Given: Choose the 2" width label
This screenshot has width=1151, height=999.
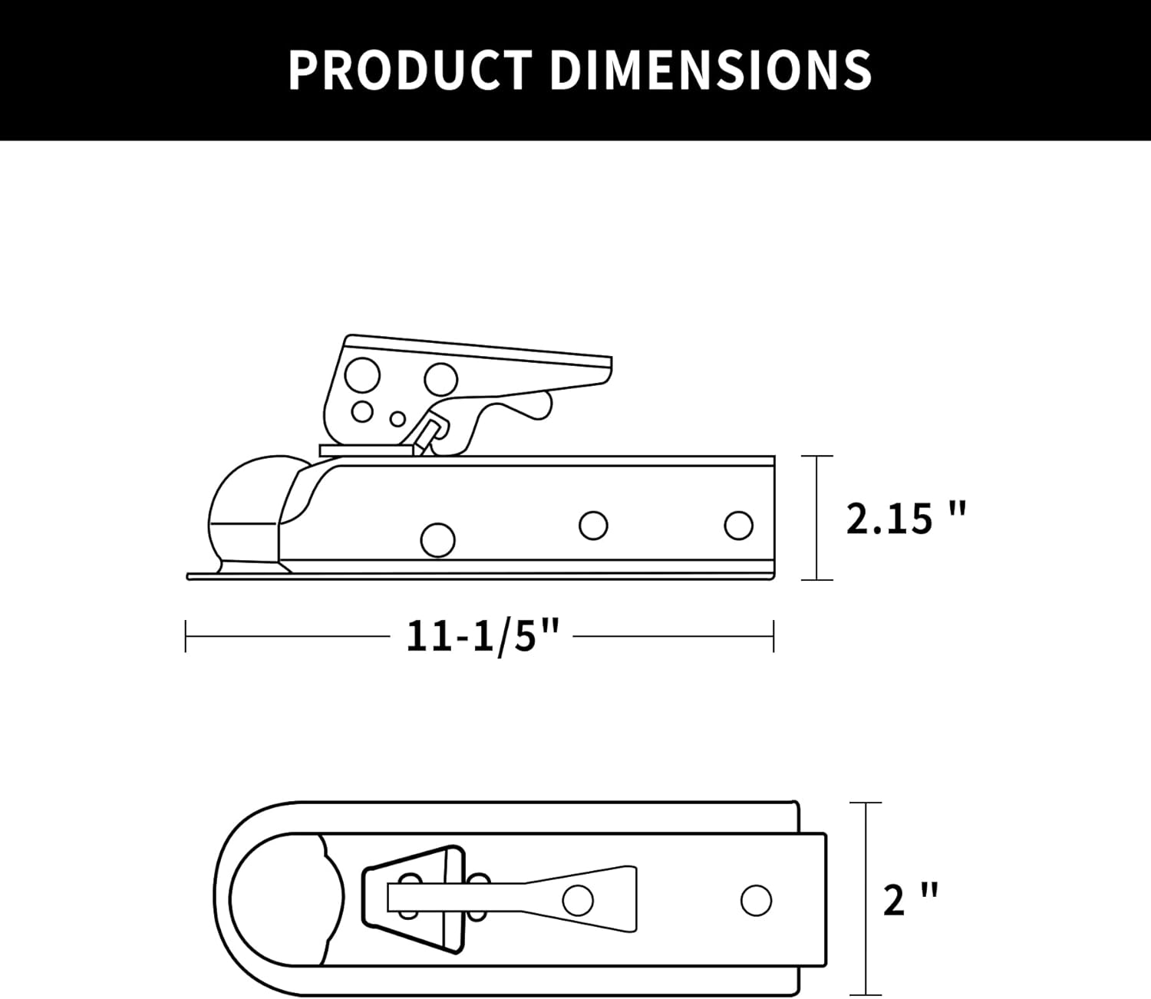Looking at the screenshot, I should [x=910, y=899].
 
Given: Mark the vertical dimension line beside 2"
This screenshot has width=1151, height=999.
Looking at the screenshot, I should [x=866, y=898].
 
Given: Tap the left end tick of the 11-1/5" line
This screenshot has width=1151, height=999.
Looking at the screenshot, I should [x=186, y=637].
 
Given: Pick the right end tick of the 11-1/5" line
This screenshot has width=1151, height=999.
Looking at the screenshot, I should [x=773, y=637].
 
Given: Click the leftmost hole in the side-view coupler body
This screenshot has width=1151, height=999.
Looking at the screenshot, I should [x=438, y=539].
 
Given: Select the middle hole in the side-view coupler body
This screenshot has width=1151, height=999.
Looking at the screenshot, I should [x=594, y=526].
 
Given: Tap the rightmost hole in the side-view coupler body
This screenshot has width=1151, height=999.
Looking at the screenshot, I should [x=739, y=526].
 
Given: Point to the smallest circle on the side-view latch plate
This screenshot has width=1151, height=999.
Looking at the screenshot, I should [x=397, y=419].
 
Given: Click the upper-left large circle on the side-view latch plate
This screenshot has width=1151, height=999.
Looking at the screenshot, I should [x=363, y=375].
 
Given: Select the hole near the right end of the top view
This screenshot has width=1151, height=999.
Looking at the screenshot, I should [x=756, y=900].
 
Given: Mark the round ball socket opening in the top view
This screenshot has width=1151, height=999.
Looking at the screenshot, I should [x=284, y=899].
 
